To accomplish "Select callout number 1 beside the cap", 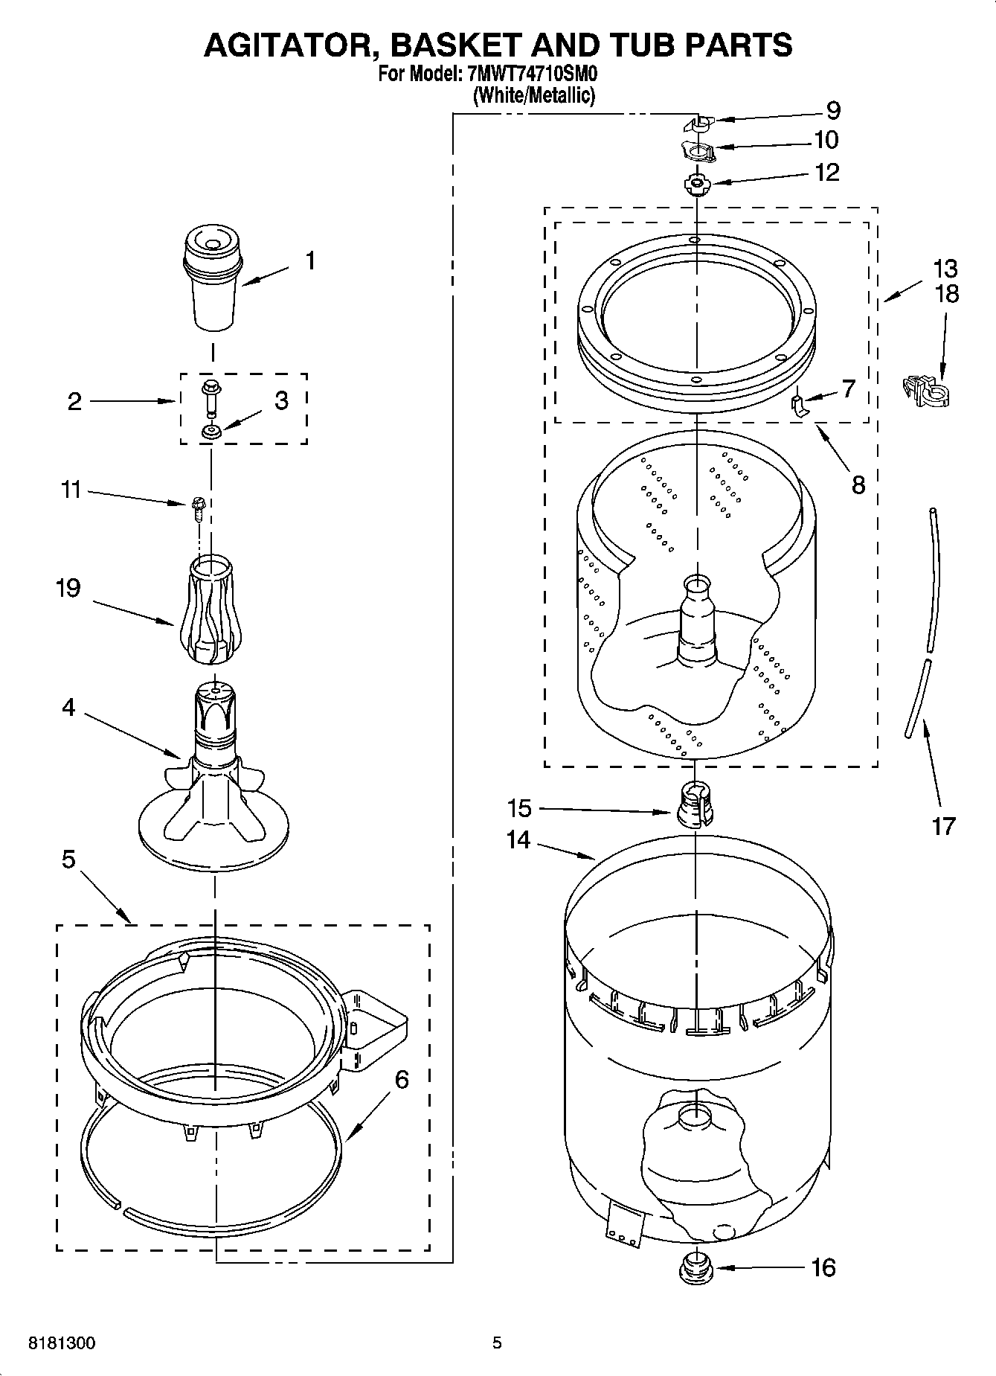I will [x=310, y=261].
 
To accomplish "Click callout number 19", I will [x=68, y=589].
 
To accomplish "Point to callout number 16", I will [x=823, y=1267].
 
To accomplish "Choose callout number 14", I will [x=518, y=839].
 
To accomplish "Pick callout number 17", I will [x=943, y=826].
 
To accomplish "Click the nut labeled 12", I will [x=695, y=183].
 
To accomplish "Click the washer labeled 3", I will [x=212, y=431].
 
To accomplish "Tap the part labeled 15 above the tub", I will [x=695, y=804].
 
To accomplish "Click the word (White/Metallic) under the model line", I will [x=534, y=95].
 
